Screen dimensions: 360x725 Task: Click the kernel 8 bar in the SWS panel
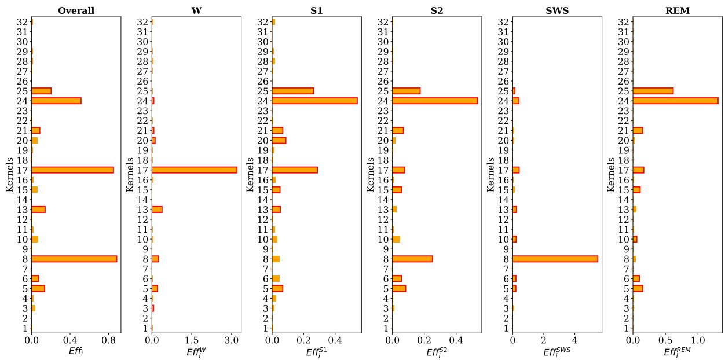(555, 259)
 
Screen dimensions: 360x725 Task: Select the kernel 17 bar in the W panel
(194, 170)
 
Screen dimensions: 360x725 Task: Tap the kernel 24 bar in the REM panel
(675, 101)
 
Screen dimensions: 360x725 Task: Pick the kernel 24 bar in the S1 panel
(314, 101)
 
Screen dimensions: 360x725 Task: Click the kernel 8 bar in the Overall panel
(74, 259)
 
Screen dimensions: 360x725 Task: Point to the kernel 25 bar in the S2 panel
(406, 91)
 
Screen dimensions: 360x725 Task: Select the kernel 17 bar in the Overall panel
(72, 170)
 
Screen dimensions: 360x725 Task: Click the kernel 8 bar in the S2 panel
(412, 259)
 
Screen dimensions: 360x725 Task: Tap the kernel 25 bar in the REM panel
(653, 91)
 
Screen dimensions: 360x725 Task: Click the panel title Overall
(76, 10)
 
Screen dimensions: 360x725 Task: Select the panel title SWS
(556, 10)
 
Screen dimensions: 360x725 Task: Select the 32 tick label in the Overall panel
(24, 22)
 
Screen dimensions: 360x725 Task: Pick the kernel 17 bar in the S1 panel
(295, 170)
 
